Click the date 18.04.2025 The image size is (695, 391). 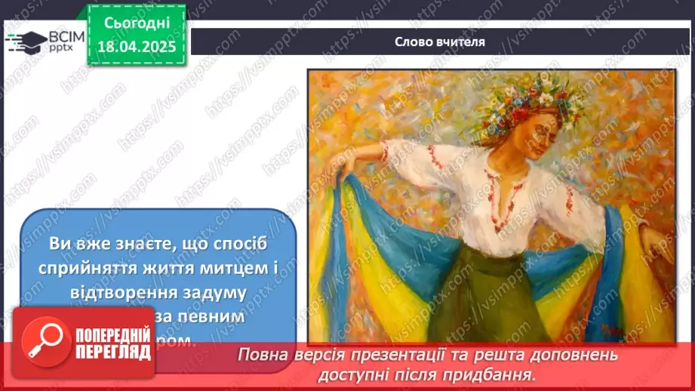[x=136, y=47]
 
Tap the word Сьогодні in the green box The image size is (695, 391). [x=136, y=23]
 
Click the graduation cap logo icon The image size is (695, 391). [x=27, y=42]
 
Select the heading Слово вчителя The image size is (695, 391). [x=440, y=42]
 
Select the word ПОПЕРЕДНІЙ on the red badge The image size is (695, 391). [x=112, y=334]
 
